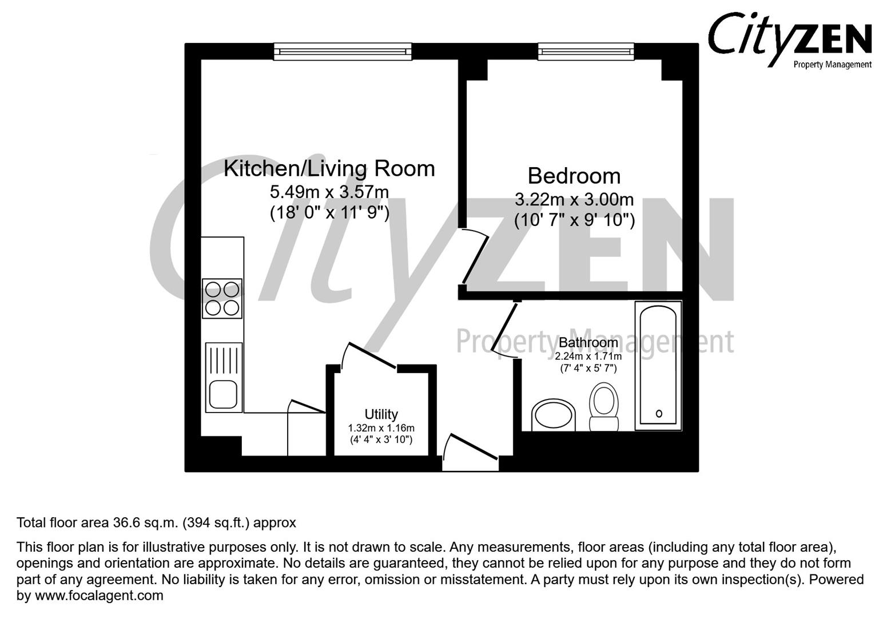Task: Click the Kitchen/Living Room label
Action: click(x=329, y=169)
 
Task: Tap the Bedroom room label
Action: click(x=574, y=176)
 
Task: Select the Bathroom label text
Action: click(x=588, y=342)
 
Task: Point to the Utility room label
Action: click(x=381, y=414)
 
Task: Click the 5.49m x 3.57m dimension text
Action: click(x=329, y=192)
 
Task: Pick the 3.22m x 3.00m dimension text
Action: click(x=574, y=200)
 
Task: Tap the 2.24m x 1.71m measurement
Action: click(x=588, y=356)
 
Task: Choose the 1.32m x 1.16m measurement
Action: click(x=381, y=428)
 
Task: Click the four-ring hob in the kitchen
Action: click(x=222, y=298)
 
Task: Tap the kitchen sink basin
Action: click(x=223, y=395)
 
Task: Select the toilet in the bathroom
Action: click(x=604, y=407)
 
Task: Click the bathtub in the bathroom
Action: click(x=658, y=366)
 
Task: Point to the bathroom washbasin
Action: click(x=553, y=415)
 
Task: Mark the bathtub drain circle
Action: click(x=659, y=413)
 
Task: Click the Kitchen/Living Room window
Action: click(x=343, y=52)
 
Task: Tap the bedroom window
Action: click(x=586, y=52)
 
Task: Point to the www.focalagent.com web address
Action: click(x=100, y=596)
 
